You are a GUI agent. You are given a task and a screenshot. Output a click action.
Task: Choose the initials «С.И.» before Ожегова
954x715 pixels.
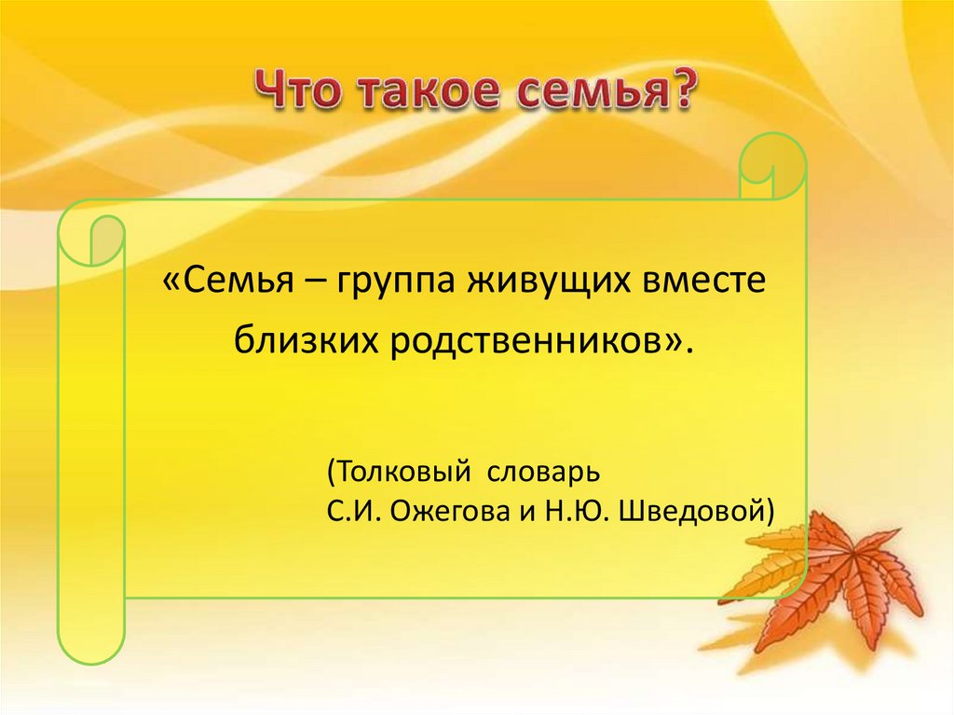(x=352, y=511)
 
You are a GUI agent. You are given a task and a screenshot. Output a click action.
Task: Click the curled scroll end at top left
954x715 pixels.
(x=93, y=239)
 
